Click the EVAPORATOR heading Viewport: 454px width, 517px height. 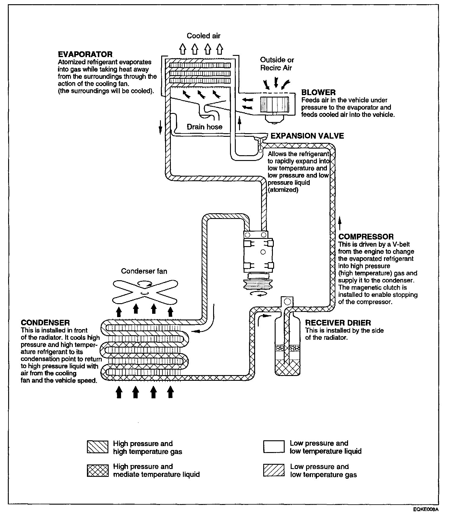[x=85, y=54]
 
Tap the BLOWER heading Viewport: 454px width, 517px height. [x=318, y=92]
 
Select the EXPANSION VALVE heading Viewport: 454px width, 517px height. [x=307, y=136]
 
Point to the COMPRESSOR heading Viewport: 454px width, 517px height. [x=366, y=237]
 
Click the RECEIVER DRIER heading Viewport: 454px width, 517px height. [x=338, y=323]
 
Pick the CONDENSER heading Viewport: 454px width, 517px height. [x=45, y=323]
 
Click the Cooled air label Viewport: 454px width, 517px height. [x=203, y=36]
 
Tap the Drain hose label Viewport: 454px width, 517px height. [x=204, y=127]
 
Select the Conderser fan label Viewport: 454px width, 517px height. [x=144, y=271]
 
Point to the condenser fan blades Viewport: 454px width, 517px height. [x=145, y=292]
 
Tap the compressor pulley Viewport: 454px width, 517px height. [x=258, y=284]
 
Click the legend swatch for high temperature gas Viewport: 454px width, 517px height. [x=97, y=447]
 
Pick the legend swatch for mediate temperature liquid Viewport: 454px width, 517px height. [x=97, y=470]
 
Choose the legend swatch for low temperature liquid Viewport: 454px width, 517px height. [x=274, y=447]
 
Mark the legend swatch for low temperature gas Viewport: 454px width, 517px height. [x=274, y=470]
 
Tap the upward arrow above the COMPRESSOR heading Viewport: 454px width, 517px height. [x=340, y=223]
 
